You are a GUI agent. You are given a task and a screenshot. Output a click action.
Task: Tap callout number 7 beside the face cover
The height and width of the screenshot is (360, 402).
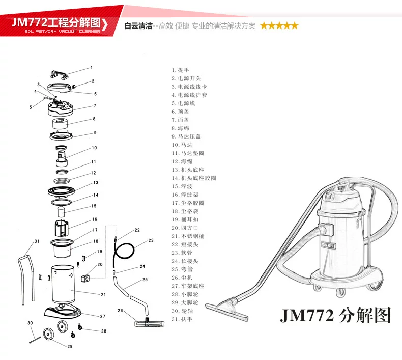click(x=95, y=106)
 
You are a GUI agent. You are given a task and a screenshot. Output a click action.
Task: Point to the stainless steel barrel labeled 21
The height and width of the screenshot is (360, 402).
click(x=63, y=284)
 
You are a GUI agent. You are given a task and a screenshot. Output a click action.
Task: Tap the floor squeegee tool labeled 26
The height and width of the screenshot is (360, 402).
click(x=149, y=322)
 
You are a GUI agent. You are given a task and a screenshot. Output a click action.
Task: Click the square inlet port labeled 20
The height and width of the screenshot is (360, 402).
click(x=85, y=278)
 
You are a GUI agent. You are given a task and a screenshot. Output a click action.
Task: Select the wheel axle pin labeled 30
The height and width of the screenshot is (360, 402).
click(x=35, y=340)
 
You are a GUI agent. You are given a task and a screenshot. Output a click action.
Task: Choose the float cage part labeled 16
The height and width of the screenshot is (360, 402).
click(x=62, y=228)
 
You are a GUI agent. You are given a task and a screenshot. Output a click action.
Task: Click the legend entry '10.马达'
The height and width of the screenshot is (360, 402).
click(x=182, y=145)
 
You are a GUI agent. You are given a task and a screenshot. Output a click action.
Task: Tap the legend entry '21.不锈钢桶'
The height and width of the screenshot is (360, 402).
click(x=188, y=236)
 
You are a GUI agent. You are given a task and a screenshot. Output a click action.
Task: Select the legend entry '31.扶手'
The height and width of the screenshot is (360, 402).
click(x=182, y=319)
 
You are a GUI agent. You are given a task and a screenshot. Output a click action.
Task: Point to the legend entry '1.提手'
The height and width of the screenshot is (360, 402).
click(x=180, y=70)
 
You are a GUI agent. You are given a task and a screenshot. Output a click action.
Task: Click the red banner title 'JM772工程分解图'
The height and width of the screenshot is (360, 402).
click(x=56, y=23)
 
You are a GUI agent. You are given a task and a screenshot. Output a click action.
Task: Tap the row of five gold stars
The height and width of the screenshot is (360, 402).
click(x=279, y=25)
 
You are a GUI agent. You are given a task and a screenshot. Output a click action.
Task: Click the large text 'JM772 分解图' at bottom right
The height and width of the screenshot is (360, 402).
click(x=335, y=315)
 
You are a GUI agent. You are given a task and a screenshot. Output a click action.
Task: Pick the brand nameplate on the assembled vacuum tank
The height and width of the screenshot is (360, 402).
click(x=329, y=245)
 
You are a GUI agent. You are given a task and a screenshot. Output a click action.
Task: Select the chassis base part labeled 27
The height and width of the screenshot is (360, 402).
click(x=63, y=312)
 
